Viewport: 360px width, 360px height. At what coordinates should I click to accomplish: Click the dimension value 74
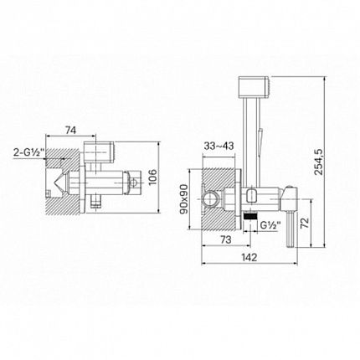[x=70, y=130]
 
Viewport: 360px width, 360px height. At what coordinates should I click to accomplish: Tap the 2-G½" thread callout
[x=28, y=152]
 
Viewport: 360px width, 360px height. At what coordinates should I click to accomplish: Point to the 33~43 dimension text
[x=219, y=146]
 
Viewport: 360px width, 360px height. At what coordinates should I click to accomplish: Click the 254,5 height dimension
[x=318, y=162]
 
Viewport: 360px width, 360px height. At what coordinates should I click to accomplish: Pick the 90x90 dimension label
[x=184, y=199]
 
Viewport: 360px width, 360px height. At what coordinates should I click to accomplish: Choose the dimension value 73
[x=226, y=239]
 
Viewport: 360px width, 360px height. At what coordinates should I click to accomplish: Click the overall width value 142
[x=249, y=257]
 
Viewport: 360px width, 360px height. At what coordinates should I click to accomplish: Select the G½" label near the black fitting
[x=269, y=225]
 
